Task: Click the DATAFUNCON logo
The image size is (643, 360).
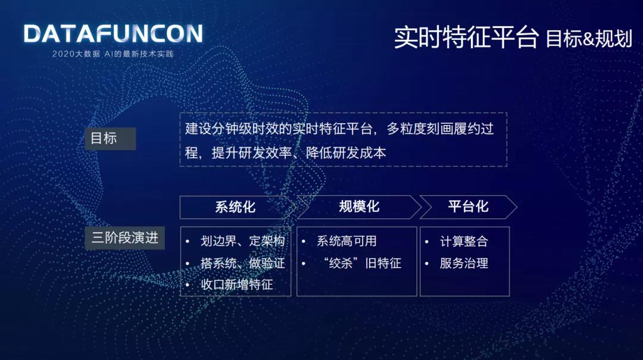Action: coord(113,34)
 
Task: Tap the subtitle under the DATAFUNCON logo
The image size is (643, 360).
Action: coord(113,54)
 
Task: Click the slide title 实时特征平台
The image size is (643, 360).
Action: coord(466,37)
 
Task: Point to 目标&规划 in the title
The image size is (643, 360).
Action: coord(589,39)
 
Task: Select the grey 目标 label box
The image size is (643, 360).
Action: coord(110,139)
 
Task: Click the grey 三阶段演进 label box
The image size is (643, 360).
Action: coord(124,238)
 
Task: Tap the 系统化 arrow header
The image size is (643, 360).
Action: coord(237,207)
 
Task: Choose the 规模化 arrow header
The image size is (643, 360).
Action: coord(359,207)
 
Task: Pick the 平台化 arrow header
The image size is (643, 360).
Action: coord(468,207)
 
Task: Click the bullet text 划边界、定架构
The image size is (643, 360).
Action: coord(242,241)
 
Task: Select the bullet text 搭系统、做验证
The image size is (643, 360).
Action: coord(242,263)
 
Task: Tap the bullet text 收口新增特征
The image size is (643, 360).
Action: coord(236,284)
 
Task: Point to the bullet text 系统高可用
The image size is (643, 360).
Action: coord(347,241)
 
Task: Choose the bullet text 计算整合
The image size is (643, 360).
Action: coord(464,242)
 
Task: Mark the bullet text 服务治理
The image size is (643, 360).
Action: coord(464,263)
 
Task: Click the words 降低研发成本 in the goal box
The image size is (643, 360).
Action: coord(346,153)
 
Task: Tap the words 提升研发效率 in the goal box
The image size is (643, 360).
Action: coord(251,153)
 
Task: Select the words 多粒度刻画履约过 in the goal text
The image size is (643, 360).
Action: coord(440,129)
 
